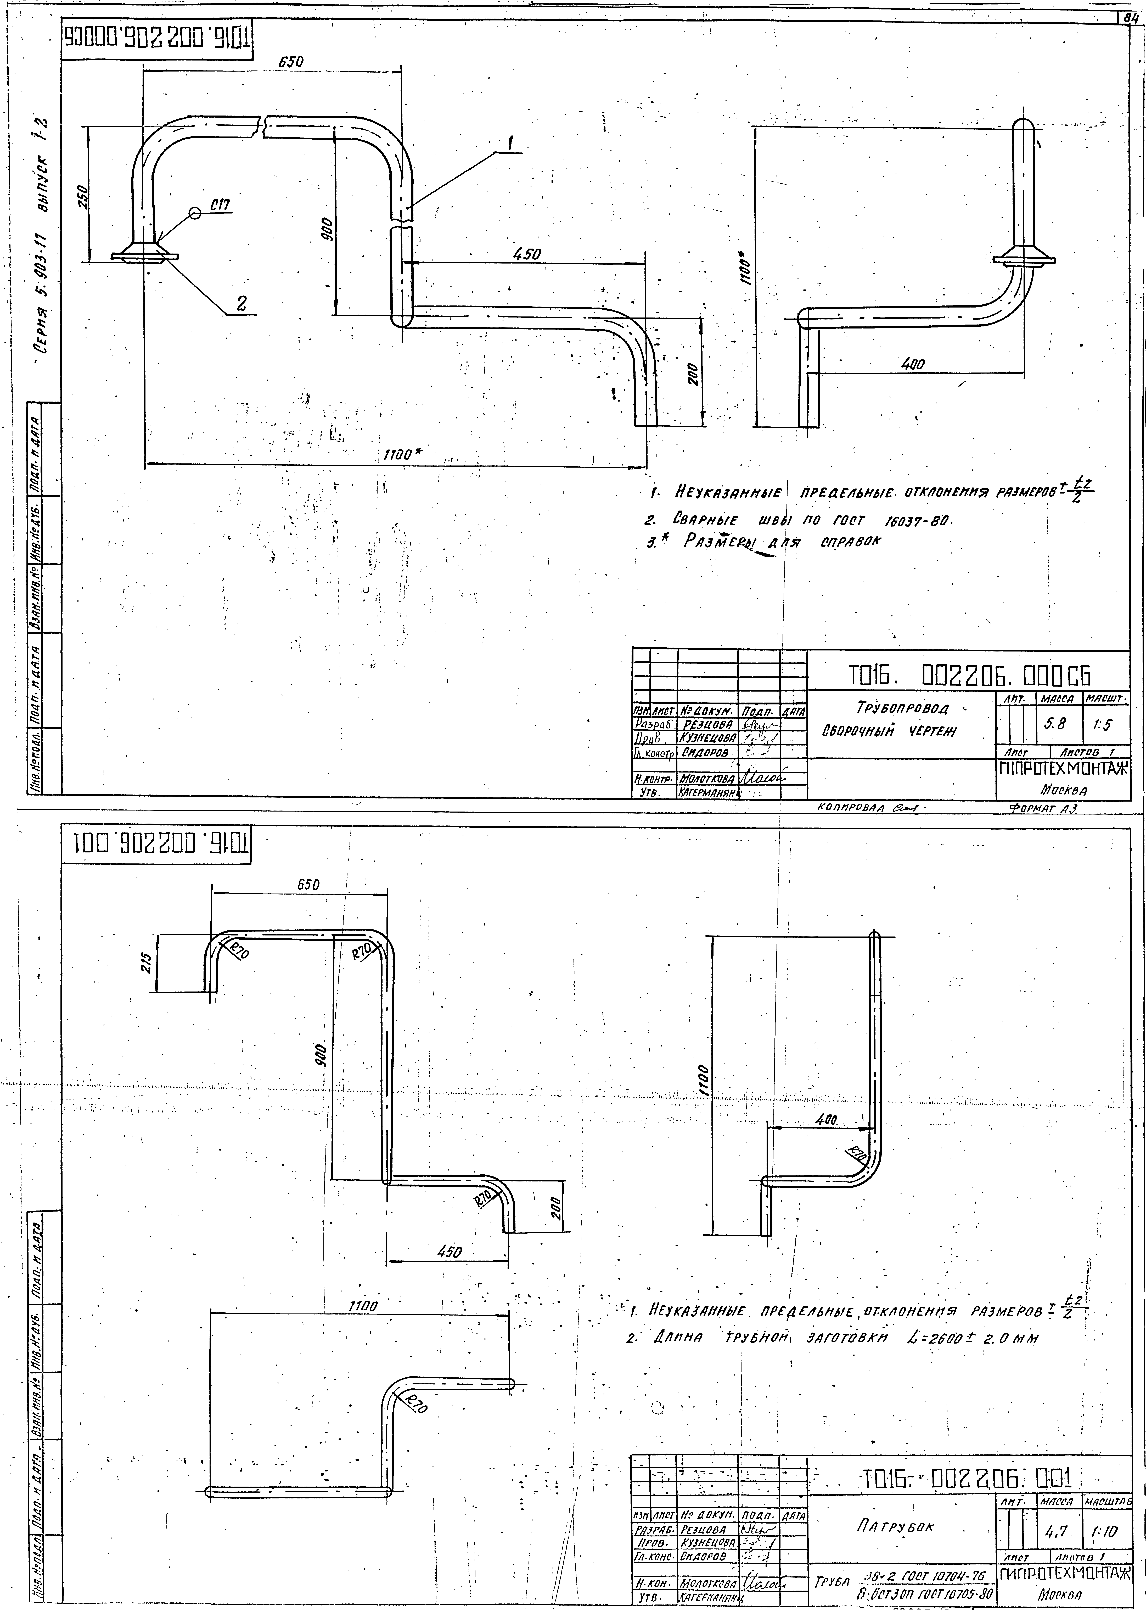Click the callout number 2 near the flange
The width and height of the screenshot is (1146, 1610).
241,304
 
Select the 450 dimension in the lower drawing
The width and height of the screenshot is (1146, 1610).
450,1252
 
